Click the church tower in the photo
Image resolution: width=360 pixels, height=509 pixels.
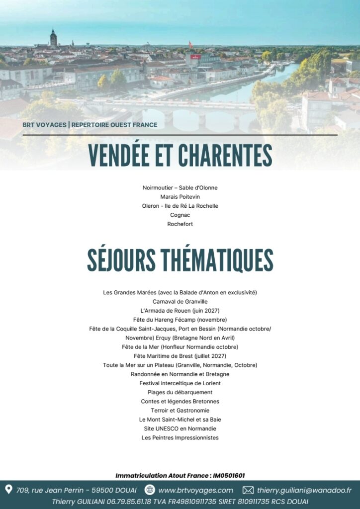point(53,39)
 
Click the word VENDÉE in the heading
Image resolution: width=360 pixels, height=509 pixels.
point(126,156)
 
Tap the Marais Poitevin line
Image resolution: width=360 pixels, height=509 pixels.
point(180,197)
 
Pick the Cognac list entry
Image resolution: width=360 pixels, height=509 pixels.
point(180,215)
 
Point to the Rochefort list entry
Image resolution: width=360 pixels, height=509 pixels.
point(180,224)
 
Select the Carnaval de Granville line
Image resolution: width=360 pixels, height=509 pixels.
point(180,301)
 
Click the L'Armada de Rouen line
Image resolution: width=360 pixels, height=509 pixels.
point(180,311)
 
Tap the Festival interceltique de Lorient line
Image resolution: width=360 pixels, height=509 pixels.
point(180,383)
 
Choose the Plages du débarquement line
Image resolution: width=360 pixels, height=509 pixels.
point(180,392)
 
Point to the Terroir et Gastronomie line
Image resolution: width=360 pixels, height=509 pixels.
point(180,411)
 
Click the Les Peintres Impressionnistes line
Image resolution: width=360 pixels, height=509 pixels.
point(180,438)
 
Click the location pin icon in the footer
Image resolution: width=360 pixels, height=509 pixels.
point(8,490)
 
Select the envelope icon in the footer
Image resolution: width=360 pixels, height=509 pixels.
point(248,490)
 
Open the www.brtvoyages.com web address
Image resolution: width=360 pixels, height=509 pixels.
point(195,490)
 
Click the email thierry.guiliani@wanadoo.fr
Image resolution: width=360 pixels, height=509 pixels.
point(304,490)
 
